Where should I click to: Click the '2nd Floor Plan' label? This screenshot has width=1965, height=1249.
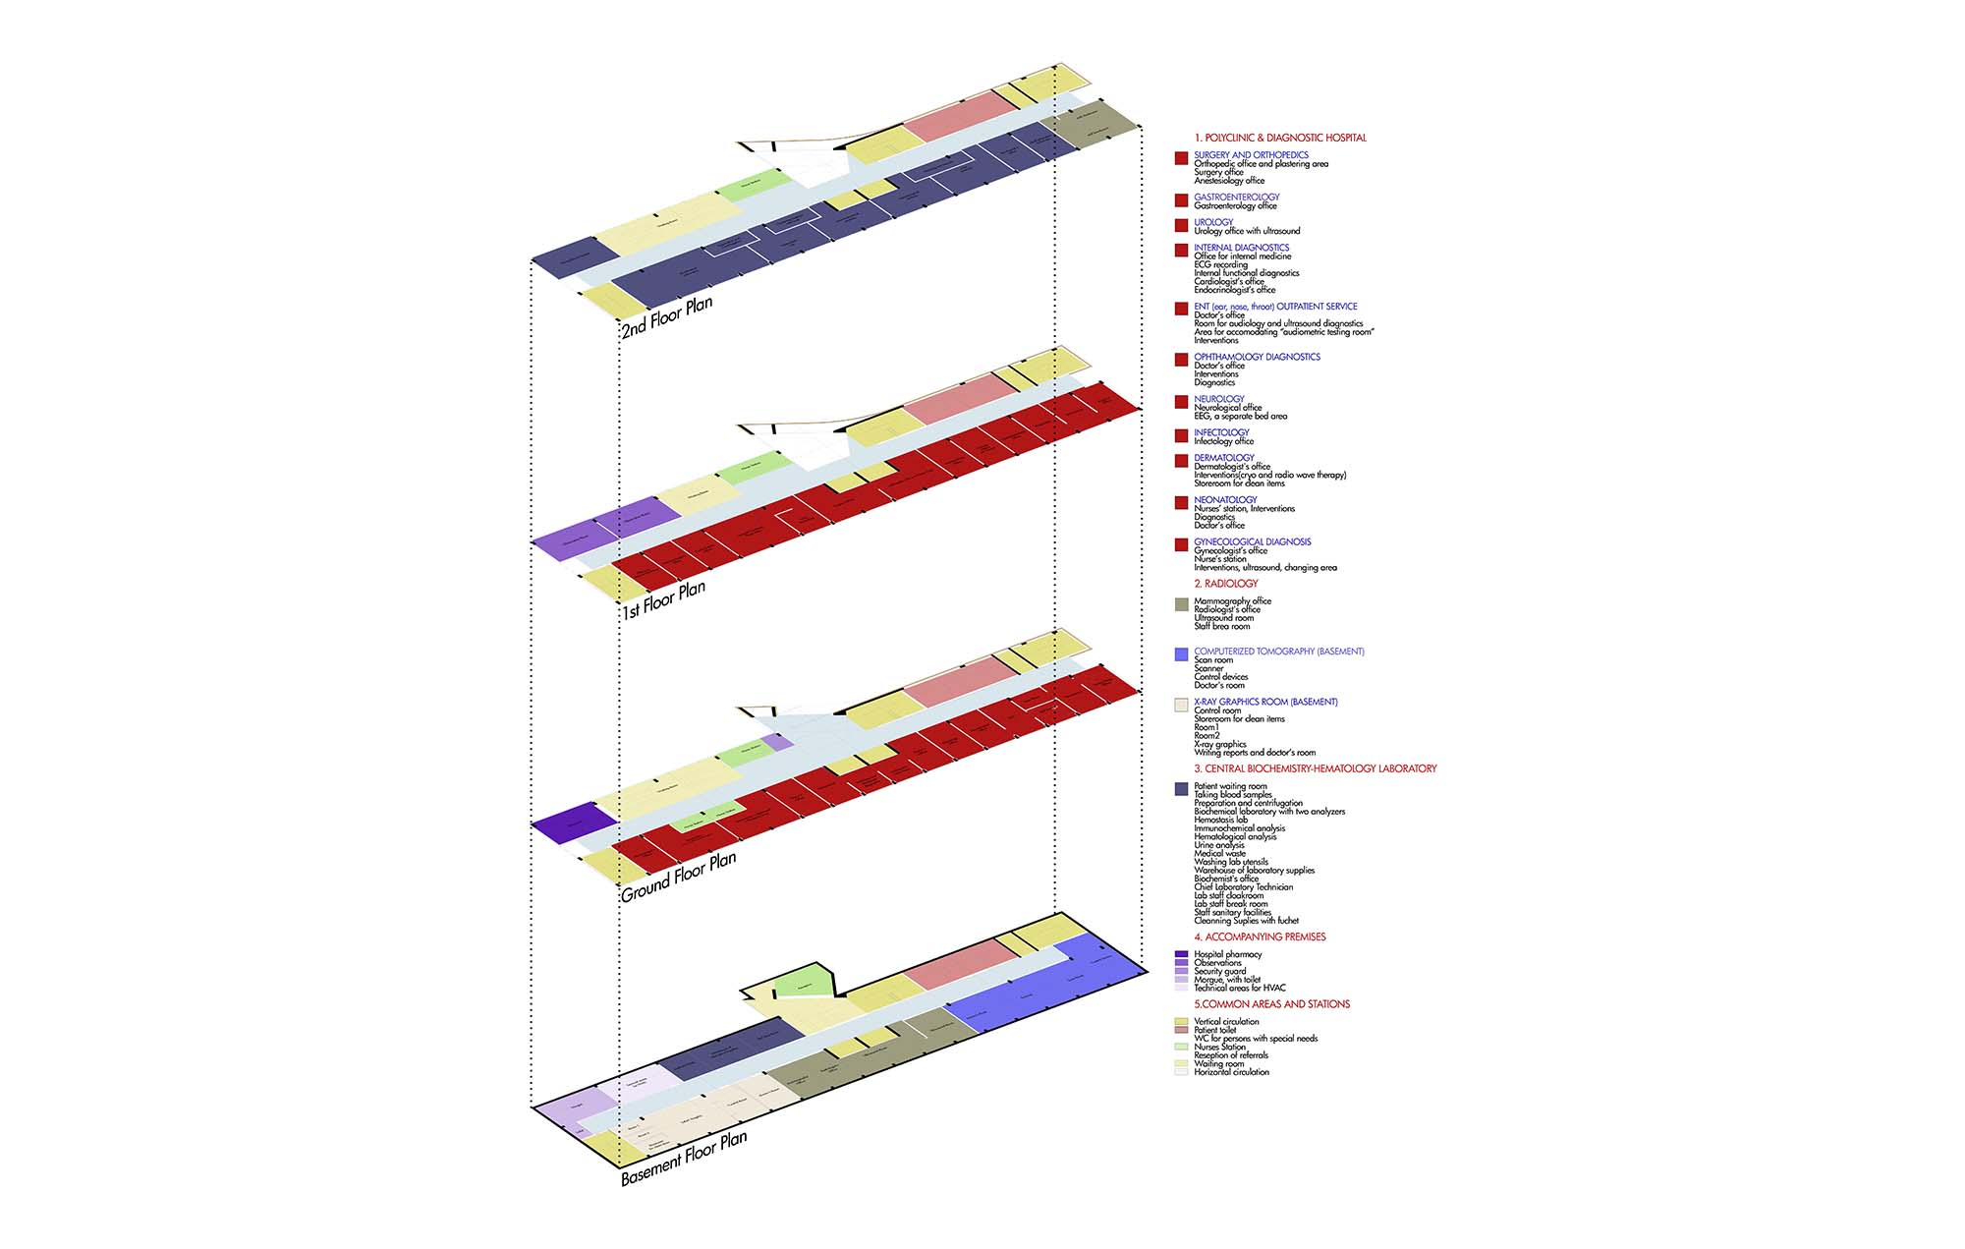click(667, 316)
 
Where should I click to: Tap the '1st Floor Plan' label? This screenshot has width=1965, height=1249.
click(663, 598)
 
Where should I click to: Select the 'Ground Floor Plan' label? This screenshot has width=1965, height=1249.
click(678, 877)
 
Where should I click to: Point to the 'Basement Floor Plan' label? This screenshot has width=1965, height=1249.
click(684, 1158)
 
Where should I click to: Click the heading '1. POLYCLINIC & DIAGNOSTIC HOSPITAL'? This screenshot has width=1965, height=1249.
click(1279, 138)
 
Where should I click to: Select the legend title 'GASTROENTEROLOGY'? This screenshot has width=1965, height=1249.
click(1236, 198)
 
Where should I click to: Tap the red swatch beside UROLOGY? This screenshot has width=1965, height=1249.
click(1181, 225)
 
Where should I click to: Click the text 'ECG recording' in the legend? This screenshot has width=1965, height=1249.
click(1220, 264)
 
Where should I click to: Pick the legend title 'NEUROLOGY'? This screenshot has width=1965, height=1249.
click(1218, 399)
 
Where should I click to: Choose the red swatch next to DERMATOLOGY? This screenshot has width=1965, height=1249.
click(1181, 461)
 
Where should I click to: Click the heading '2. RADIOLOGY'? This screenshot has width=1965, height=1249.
click(1225, 584)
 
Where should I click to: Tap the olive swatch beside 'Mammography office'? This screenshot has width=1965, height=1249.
click(1181, 604)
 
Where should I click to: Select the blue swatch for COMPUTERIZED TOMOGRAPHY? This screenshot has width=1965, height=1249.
click(1181, 654)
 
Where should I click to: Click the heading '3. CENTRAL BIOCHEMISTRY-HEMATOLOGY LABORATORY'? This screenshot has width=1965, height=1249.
click(1315, 768)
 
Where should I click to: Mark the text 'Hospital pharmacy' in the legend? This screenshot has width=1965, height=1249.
click(1227, 954)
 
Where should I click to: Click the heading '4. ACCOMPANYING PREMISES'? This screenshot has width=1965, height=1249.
click(1260, 937)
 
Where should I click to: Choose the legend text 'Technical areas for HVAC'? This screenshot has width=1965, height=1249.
click(1239, 988)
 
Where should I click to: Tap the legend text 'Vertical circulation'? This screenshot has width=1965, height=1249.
click(1225, 1022)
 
